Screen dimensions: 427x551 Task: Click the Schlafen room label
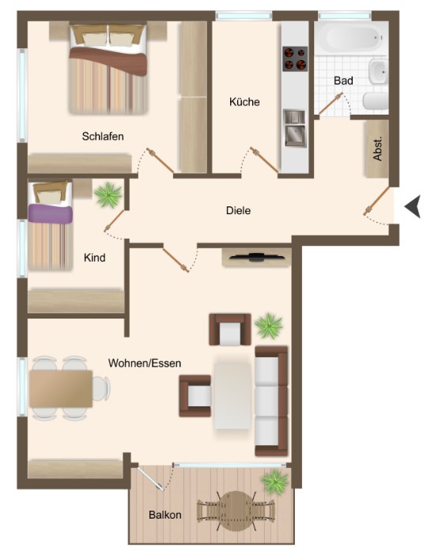pyautogui.click(x=103, y=136)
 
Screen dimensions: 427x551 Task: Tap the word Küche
pyautogui.click(x=244, y=102)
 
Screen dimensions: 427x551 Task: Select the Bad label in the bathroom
pyautogui.click(x=343, y=81)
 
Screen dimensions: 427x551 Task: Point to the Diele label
pyautogui.click(x=238, y=210)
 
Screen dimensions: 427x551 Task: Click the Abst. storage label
pyautogui.click(x=377, y=149)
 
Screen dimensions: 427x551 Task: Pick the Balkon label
pyautogui.click(x=164, y=515)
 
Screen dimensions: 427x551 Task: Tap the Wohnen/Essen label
pyautogui.click(x=145, y=363)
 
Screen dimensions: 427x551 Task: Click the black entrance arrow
pyautogui.click(x=413, y=207)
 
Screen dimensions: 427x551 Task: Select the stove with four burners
pyautogui.click(x=295, y=58)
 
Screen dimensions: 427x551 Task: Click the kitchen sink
pyautogui.click(x=294, y=128)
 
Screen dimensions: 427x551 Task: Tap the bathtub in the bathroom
pyautogui.click(x=351, y=38)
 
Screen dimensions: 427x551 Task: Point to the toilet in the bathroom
pyautogui.click(x=376, y=101)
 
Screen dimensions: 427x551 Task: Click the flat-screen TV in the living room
pyautogui.click(x=257, y=257)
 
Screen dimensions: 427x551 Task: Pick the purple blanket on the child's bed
pyautogui.click(x=51, y=213)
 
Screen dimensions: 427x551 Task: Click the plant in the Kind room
pyautogui.click(x=108, y=195)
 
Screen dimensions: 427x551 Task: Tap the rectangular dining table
pyautogui.click(x=61, y=388)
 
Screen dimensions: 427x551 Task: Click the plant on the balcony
pyautogui.click(x=275, y=482)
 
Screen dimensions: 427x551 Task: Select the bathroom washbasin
pyautogui.click(x=379, y=71)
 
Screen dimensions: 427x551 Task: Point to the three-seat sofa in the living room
pyautogui.click(x=271, y=401)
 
